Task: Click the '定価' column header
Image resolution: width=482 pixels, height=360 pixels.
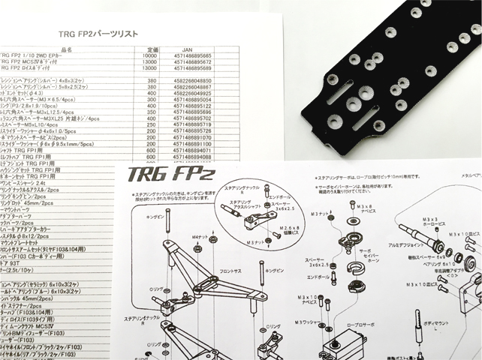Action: click(149, 49)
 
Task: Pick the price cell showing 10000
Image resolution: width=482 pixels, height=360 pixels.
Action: click(149, 55)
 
